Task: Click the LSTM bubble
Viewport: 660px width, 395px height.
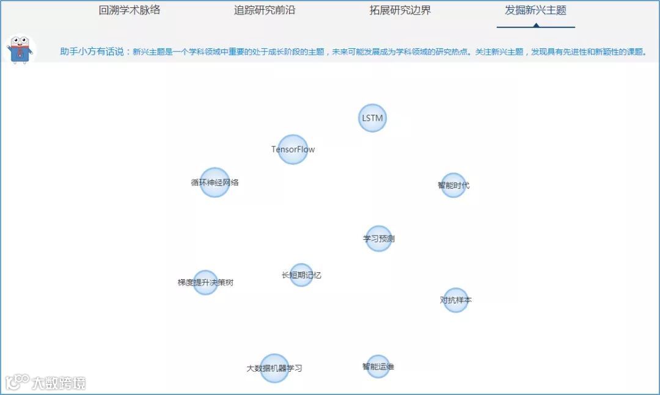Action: (x=372, y=118)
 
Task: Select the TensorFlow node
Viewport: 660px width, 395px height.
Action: (x=293, y=150)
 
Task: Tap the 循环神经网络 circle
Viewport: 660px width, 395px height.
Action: (x=215, y=183)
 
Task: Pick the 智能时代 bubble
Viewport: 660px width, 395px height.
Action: (x=453, y=186)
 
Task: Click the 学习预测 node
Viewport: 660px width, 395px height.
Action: (x=379, y=239)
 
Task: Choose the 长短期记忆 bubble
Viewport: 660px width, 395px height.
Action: (x=301, y=275)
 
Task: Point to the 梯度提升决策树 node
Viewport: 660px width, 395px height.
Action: (x=205, y=283)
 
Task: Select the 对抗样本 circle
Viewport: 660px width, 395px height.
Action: (x=455, y=300)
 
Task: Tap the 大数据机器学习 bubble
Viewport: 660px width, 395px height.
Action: (x=274, y=368)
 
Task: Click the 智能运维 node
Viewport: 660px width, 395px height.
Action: (x=378, y=366)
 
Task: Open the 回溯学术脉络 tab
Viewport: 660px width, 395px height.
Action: (x=130, y=10)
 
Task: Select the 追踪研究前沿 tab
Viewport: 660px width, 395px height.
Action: (x=265, y=10)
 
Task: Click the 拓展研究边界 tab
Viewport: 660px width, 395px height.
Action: (x=400, y=10)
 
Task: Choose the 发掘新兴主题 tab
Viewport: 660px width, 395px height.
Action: (x=535, y=10)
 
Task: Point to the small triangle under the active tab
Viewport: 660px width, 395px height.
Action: (x=536, y=25)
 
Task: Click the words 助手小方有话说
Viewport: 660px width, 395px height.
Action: (x=95, y=52)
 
